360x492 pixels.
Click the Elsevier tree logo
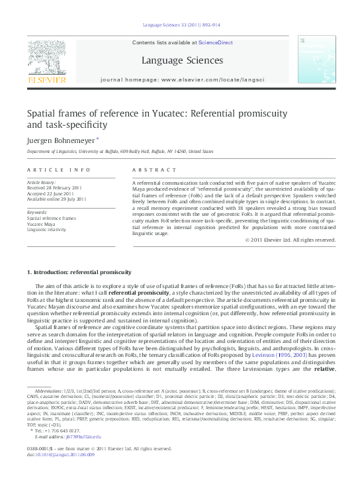[46, 60]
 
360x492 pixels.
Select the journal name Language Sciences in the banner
[179, 61]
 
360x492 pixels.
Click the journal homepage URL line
[181, 79]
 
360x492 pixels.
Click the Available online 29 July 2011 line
[56, 198]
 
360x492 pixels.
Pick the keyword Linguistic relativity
[48, 229]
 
